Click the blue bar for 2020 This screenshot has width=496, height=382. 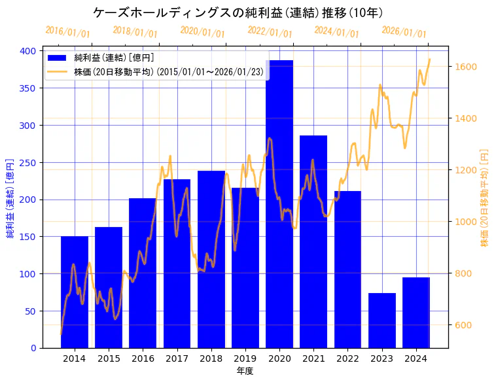click(279, 203)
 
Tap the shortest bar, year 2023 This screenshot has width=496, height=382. click(382, 320)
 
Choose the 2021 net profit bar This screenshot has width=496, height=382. click(313, 241)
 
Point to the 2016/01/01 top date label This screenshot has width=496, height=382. click(67, 32)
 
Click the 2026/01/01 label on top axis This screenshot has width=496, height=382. click(403, 32)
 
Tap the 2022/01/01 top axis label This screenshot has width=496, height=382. click(270, 32)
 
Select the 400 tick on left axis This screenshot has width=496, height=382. click(31, 50)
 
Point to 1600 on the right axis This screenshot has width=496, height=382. click(466, 67)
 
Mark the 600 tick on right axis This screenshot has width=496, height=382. click(464, 325)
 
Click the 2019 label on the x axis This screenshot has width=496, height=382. click(245, 358)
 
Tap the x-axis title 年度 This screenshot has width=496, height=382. click(245, 371)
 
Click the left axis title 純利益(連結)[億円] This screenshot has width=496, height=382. click(11, 198)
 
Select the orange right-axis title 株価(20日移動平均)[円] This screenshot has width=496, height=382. click(485, 198)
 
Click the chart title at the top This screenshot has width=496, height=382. click(238, 12)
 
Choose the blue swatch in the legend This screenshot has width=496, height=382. click(58, 58)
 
